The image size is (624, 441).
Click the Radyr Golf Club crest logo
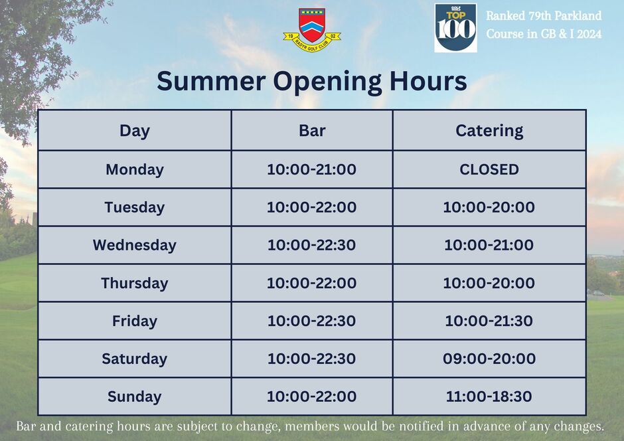312,31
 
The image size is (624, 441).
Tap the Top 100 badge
455,28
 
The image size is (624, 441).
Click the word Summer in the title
211,81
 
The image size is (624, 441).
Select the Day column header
135,131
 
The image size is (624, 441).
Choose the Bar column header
312,131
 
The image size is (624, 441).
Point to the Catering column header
489,131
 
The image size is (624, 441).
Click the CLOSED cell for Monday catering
489,169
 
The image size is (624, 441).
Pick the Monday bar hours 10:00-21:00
311,169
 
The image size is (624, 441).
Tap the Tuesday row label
135,208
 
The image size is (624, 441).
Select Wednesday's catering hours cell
489,245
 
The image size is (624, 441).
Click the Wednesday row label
135,245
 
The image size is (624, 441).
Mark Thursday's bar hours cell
311,283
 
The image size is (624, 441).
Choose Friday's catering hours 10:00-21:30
489,321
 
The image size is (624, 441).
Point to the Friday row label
135,321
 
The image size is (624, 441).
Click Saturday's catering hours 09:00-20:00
489,359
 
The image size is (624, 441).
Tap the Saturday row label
135,359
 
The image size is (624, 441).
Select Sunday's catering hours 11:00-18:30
489,397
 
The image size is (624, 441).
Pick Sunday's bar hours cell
311,397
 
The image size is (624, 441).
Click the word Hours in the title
428,81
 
